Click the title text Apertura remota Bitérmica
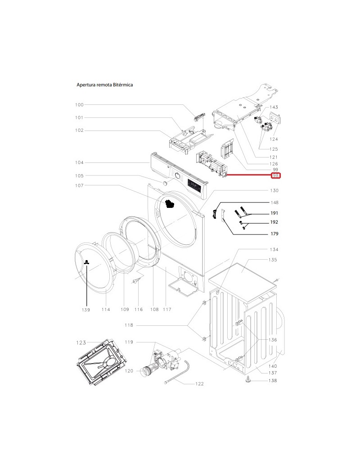[104, 85]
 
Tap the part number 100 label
[79, 105]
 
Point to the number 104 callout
[79, 162]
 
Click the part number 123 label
[81, 343]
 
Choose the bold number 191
[274, 213]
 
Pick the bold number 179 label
[274, 234]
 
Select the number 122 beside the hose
[199, 384]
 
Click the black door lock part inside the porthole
[170, 205]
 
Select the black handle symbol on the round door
[86, 263]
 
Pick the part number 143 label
[274, 107]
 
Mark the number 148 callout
[274, 202]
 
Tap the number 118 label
[129, 325]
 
